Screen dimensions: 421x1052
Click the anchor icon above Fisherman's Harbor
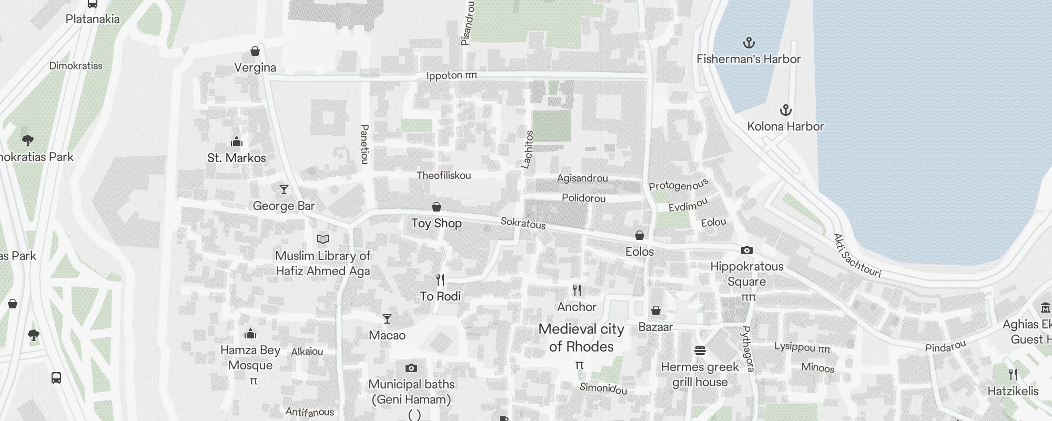(x=748, y=43)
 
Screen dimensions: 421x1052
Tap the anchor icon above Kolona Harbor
(x=785, y=110)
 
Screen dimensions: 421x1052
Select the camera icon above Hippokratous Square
(x=747, y=250)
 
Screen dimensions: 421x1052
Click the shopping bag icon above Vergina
(x=255, y=51)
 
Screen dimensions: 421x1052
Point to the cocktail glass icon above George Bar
(x=284, y=189)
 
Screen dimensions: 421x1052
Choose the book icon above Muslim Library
(x=323, y=239)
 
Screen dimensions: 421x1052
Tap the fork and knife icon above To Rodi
(x=440, y=280)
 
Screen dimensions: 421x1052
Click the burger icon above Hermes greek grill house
(x=700, y=350)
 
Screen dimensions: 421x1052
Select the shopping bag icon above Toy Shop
(x=436, y=207)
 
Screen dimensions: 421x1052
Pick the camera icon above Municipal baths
(x=411, y=368)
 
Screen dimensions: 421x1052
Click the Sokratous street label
(x=523, y=223)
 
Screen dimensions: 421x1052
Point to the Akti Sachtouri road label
(x=857, y=256)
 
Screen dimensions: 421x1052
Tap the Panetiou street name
(x=364, y=144)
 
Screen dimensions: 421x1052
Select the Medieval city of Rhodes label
(x=581, y=337)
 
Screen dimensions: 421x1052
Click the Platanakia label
(x=93, y=19)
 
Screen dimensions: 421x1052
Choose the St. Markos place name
(x=237, y=158)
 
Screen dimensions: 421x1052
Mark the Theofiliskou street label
(x=443, y=175)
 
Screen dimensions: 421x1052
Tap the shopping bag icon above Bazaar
(x=655, y=310)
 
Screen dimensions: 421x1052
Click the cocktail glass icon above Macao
(x=387, y=319)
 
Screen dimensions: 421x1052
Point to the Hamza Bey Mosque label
(x=250, y=357)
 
